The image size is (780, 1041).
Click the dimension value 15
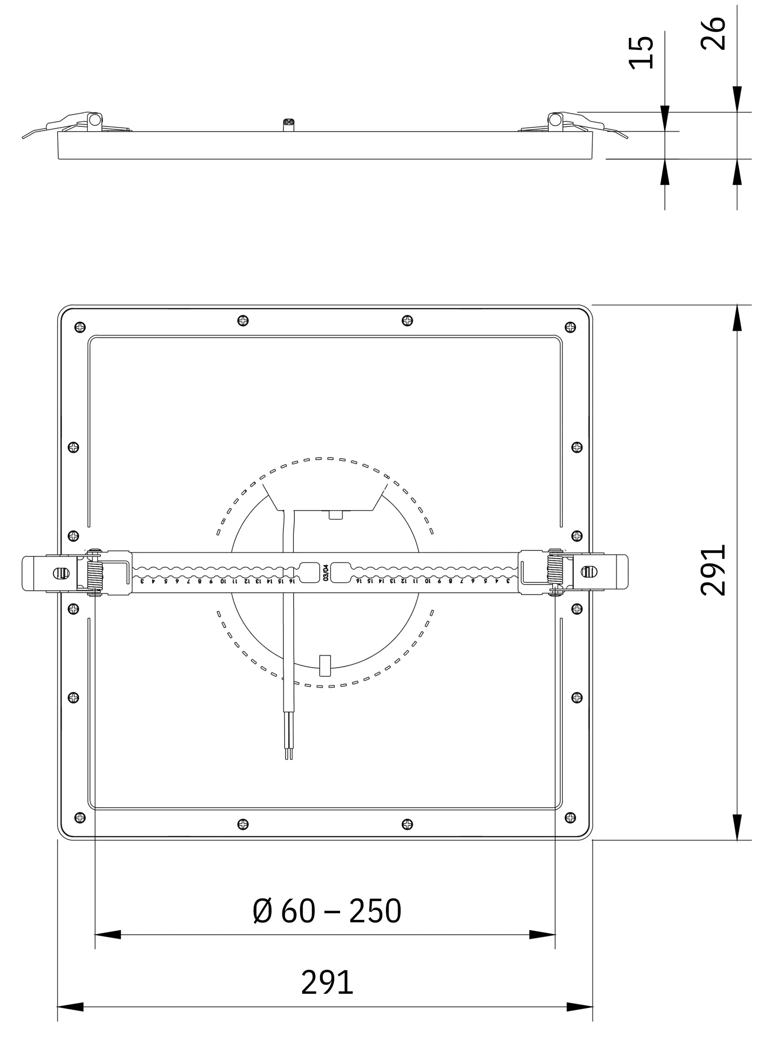[x=641, y=52]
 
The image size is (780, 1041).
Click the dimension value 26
[x=713, y=34]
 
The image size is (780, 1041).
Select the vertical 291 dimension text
[x=713, y=570]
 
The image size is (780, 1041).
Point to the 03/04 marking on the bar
[x=326, y=573]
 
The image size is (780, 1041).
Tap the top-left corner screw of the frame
[x=80, y=327]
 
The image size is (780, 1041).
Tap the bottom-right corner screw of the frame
[x=570, y=817]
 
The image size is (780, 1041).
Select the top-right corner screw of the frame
[x=570, y=327]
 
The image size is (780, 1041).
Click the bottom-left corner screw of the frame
[x=80, y=817]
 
